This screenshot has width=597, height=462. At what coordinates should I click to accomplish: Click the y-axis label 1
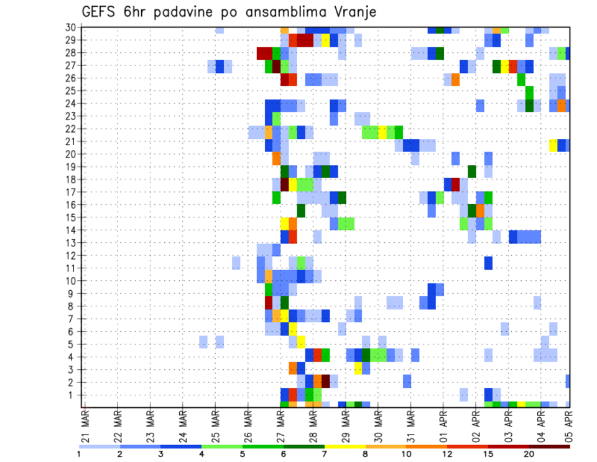pyautogui.click(x=73, y=394)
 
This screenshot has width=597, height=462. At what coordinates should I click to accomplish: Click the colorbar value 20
pyautogui.click(x=529, y=454)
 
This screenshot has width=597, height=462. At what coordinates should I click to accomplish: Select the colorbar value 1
pyautogui.click(x=79, y=454)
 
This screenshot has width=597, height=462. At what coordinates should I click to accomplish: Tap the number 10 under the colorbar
pyautogui.click(x=406, y=454)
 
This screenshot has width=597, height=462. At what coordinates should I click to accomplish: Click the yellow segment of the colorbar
pyautogui.click(x=345, y=446)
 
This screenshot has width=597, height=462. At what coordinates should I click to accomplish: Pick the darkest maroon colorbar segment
pyautogui.click(x=549, y=446)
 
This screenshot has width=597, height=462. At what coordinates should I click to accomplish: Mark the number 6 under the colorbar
pyautogui.click(x=284, y=454)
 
